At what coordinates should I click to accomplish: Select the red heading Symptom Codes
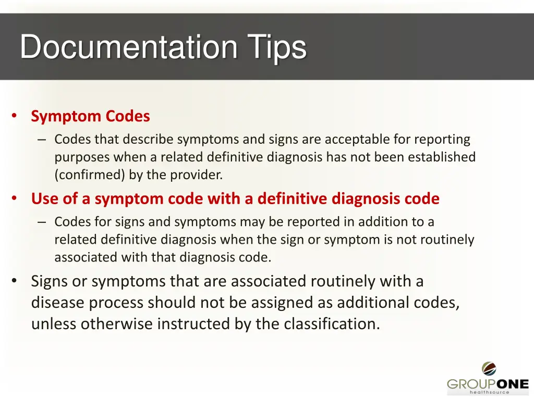click(x=90, y=116)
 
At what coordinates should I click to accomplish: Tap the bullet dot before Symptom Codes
click(x=15, y=116)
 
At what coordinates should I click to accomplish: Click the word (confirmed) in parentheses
click(x=89, y=175)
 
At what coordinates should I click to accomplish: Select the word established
click(x=442, y=157)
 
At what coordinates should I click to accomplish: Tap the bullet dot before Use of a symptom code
click(x=15, y=198)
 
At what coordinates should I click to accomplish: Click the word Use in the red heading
click(x=44, y=199)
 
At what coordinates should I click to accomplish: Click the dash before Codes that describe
click(x=42, y=140)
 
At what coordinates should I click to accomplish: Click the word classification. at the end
click(x=332, y=324)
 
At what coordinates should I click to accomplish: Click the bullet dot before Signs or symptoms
click(x=15, y=281)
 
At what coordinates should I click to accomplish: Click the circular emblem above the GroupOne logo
click(x=489, y=369)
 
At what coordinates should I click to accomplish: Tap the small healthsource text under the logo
click(x=489, y=393)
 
